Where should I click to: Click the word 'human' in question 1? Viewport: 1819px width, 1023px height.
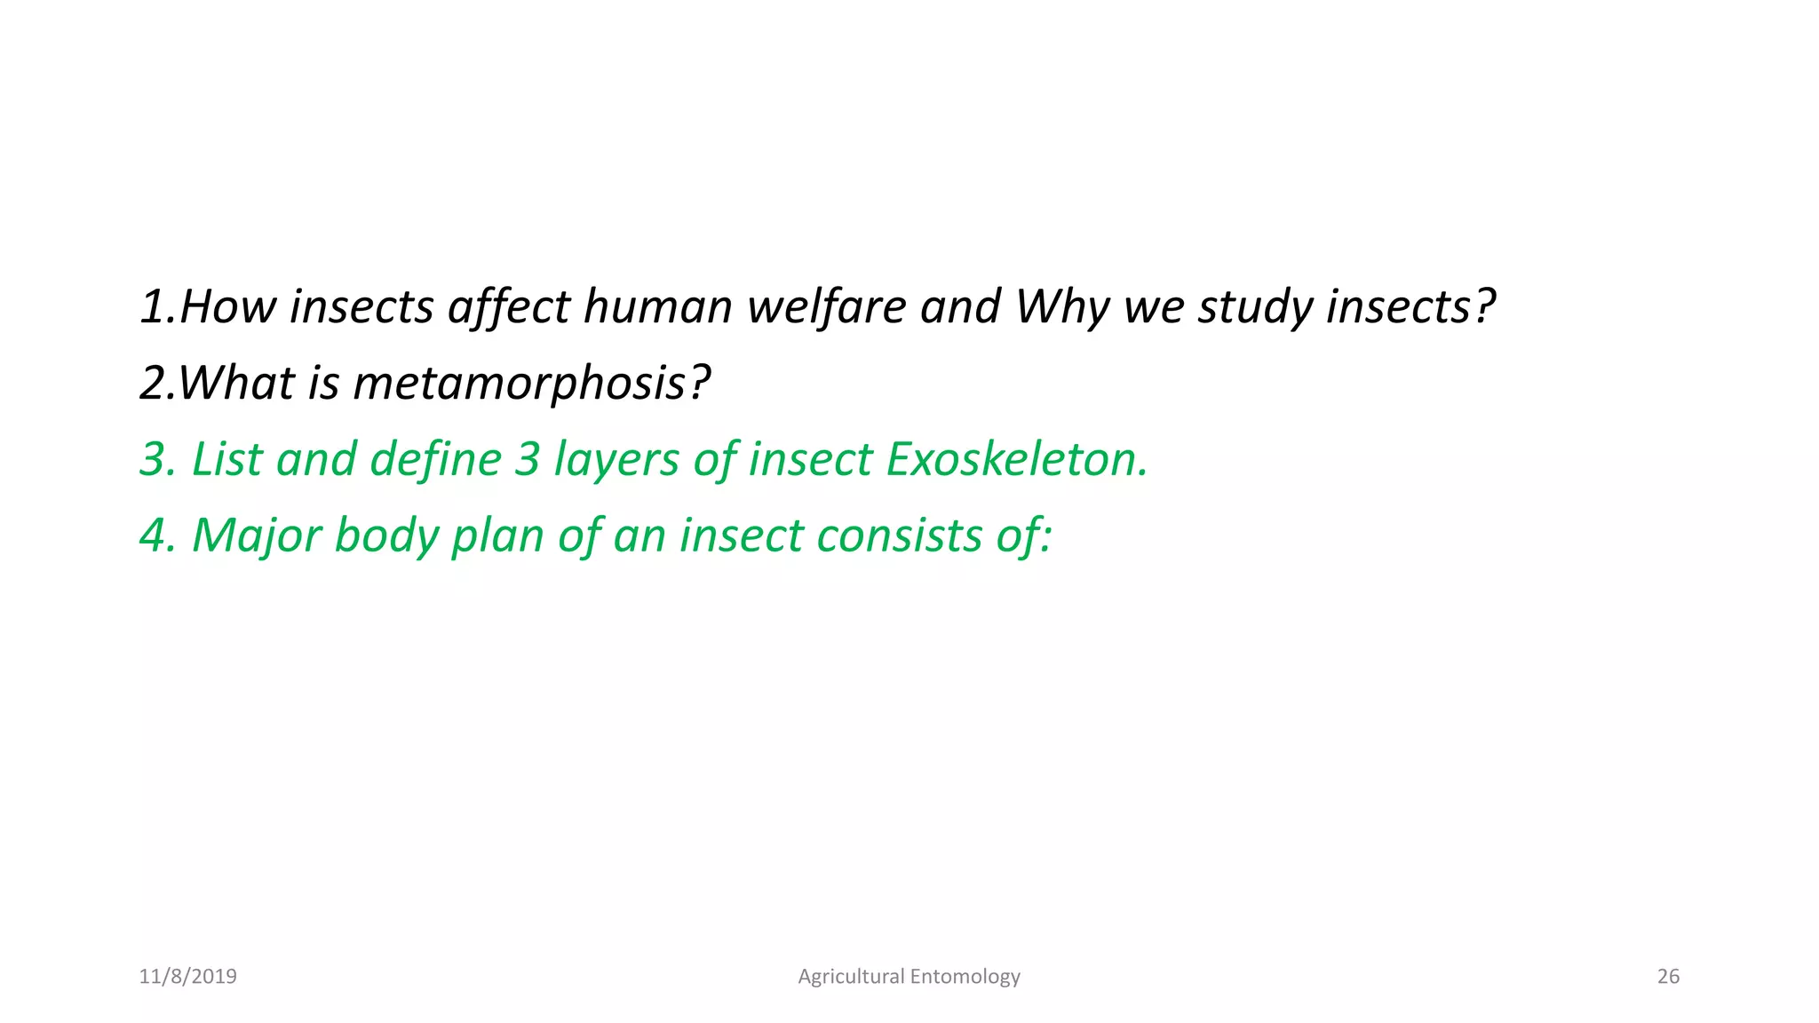click(656, 306)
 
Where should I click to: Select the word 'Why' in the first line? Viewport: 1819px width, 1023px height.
click(1061, 306)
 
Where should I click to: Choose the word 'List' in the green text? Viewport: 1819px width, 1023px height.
click(226, 459)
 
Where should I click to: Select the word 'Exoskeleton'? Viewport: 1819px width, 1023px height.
click(1017, 459)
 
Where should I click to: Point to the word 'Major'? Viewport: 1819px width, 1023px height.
click(256, 535)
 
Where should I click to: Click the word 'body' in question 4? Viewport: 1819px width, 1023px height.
click(385, 535)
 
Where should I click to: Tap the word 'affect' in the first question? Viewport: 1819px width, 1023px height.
click(508, 306)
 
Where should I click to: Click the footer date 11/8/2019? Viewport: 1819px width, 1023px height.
click(188, 977)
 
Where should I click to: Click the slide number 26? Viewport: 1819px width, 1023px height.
click(1668, 977)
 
